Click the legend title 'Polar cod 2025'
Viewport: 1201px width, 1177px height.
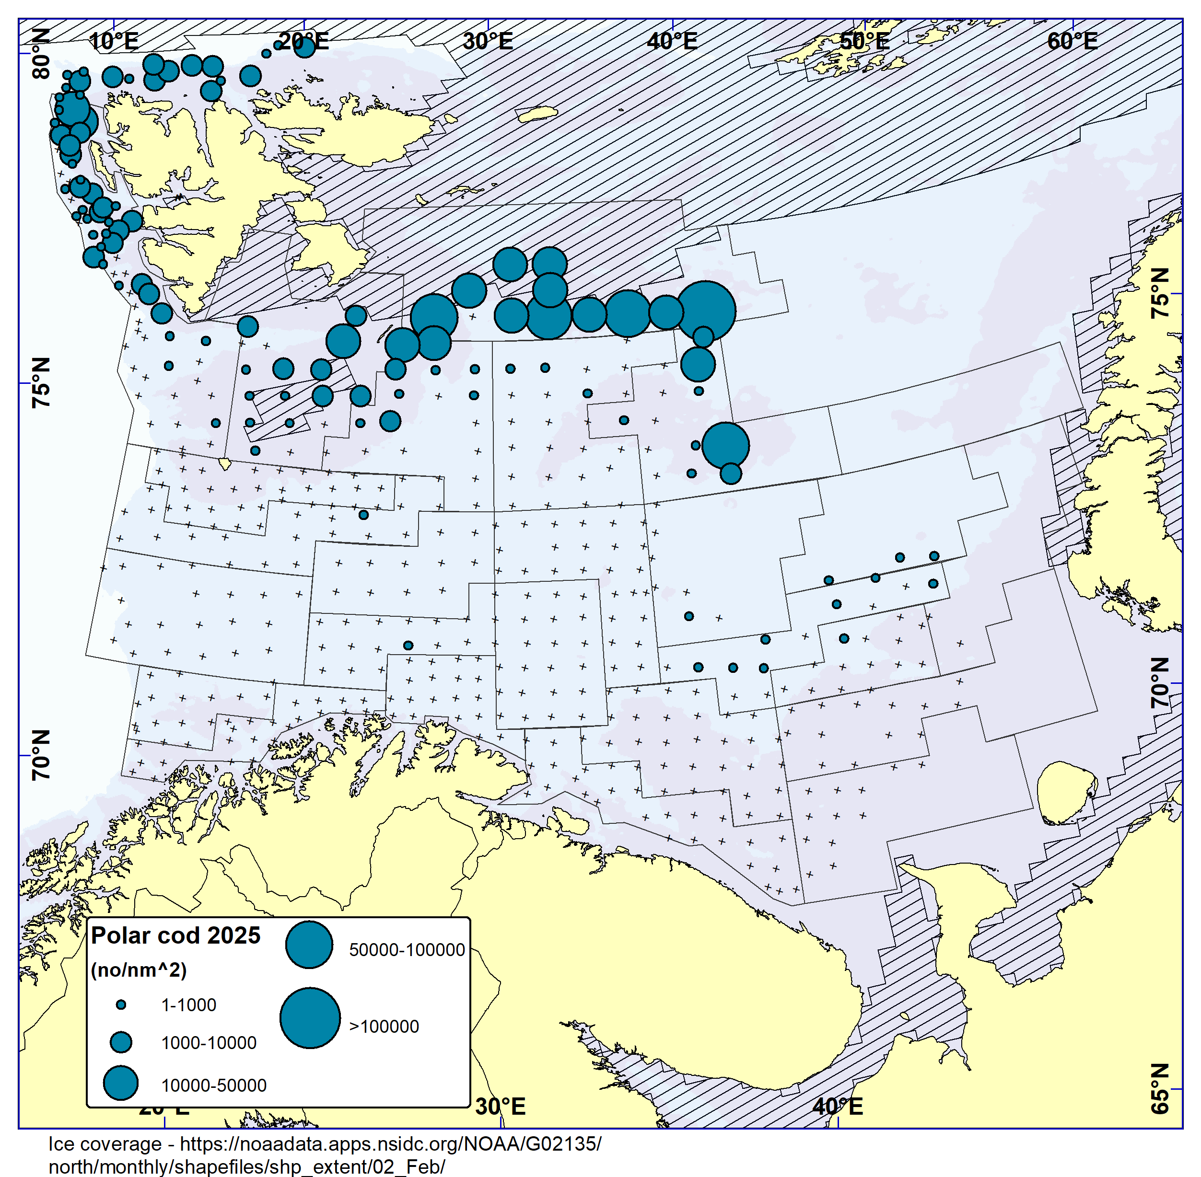tap(175, 935)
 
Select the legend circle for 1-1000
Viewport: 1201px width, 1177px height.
tap(121, 1005)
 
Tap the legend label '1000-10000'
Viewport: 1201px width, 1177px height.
tap(209, 1043)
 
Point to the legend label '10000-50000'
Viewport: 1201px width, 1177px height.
tap(213, 1085)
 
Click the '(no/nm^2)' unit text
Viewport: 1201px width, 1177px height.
tap(139, 970)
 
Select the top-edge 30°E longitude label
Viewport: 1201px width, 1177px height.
tap(488, 41)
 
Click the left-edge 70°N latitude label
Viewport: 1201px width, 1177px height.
tap(41, 755)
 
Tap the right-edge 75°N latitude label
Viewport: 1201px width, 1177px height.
tap(1160, 294)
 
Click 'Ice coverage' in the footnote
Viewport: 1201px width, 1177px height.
tap(105, 1143)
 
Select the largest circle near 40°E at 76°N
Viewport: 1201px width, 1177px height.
tap(707, 311)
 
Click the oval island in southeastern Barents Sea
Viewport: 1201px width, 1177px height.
tap(1066, 793)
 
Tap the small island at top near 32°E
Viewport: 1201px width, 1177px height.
tap(537, 115)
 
